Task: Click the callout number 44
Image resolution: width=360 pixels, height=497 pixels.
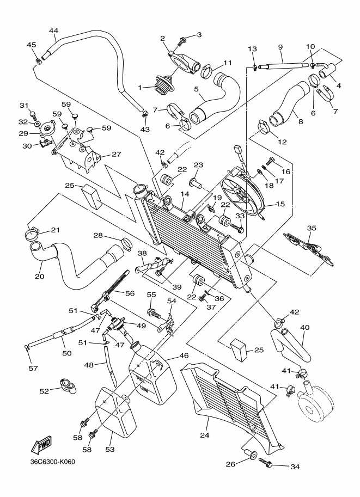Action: coord(53,30)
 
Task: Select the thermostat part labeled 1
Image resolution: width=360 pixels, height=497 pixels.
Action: coord(164,85)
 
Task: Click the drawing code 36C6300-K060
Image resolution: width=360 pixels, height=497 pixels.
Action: coord(53,463)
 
